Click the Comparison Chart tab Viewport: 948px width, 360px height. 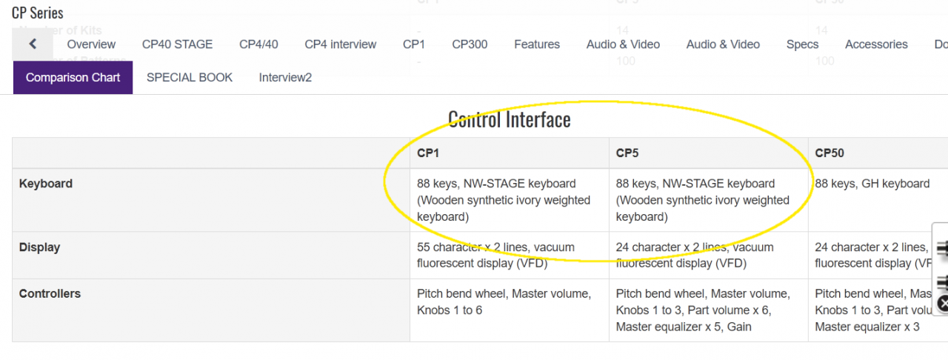tap(73, 77)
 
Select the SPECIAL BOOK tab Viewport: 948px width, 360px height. tap(190, 77)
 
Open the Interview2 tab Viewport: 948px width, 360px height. tap(285, 77)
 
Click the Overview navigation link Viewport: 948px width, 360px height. tap(91, 44)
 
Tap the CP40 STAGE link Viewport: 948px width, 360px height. tap(177, 44)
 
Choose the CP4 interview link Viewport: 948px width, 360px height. tap(341, 44)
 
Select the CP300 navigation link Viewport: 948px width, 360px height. tap(470, 44)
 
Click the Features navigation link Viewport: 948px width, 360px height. tap(537, 44)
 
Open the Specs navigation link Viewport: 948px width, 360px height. tap(802, 44)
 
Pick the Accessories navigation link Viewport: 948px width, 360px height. tap(876, 44)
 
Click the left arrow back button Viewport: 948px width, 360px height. tap(33, 44)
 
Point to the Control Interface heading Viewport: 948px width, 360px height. tap(510, 119)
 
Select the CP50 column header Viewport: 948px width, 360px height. tap(829, 153)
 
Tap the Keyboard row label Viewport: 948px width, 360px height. tap(46, 184)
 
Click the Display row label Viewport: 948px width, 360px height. tap(40, 247)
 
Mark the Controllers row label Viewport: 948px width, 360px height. tap(50, 294)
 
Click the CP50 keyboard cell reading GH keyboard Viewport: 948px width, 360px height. tap(872, 184)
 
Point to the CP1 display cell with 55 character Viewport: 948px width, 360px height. tap(495, 255)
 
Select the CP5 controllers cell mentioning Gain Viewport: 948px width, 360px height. tap(702, 310)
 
